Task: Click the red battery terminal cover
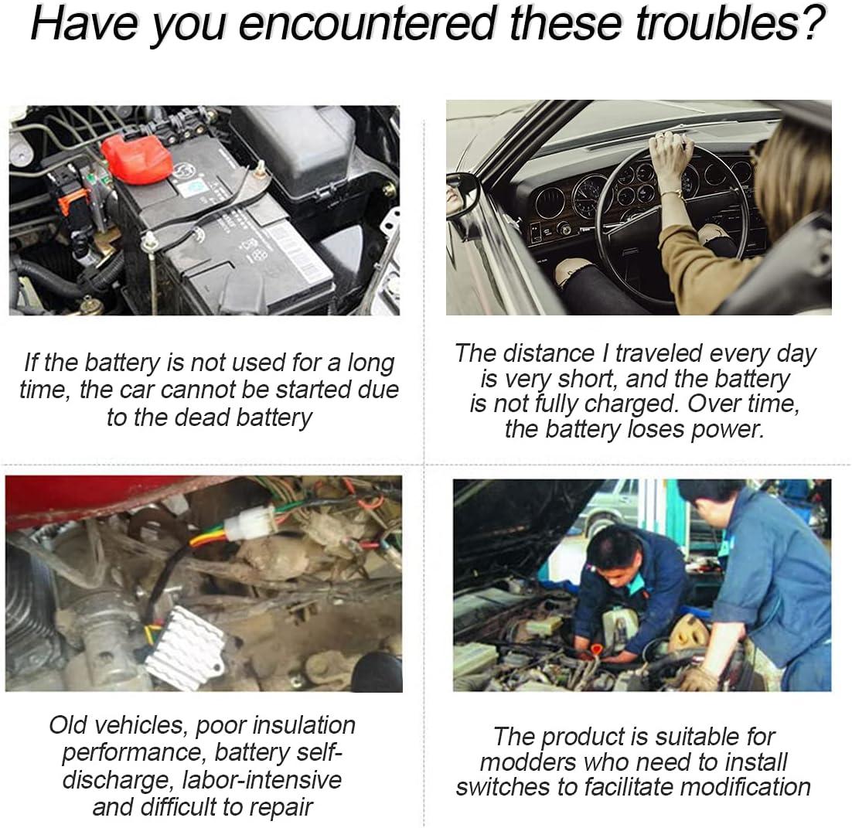point(137,158)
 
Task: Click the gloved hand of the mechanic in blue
point(699,679)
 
